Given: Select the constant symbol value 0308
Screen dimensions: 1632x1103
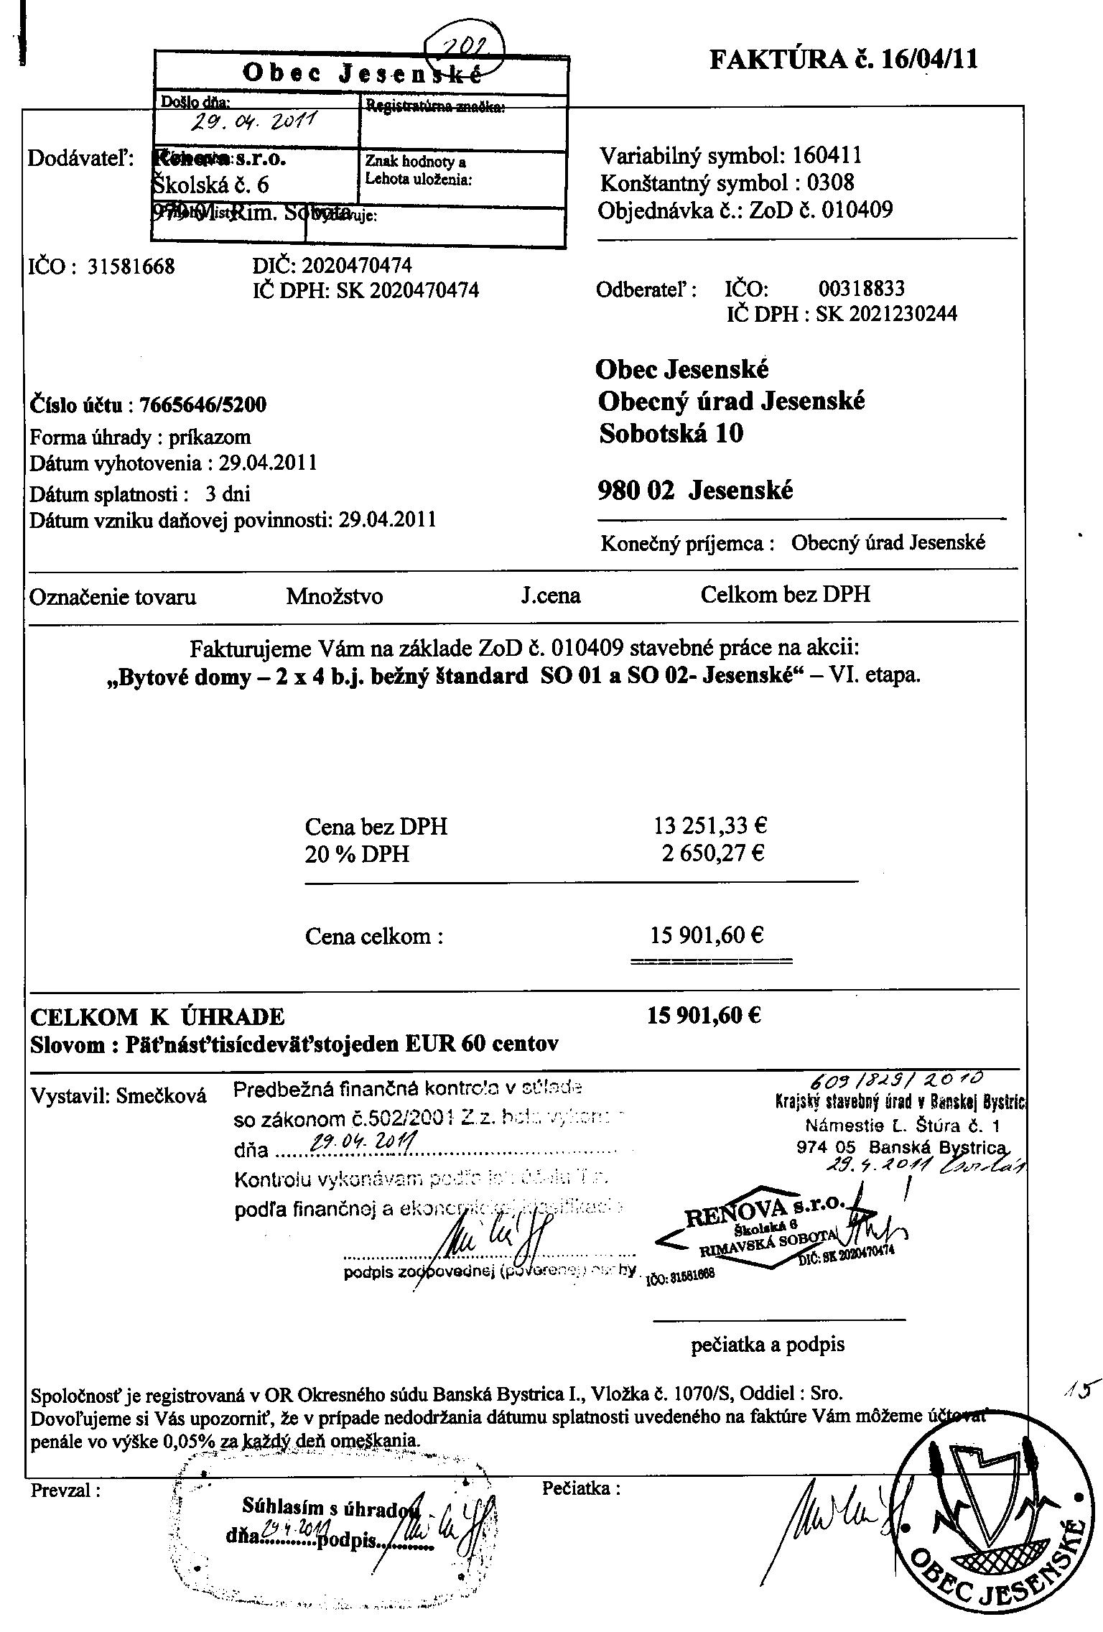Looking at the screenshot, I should point(831,182).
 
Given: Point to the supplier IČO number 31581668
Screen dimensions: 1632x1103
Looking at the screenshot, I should point(131,267).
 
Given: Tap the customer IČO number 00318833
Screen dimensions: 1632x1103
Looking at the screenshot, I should point(861,289).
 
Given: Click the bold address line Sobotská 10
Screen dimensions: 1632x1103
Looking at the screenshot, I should point(671,433).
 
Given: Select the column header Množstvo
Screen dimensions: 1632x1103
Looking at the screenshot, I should point(334,596).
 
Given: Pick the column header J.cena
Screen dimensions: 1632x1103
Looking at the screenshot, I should point(551,595).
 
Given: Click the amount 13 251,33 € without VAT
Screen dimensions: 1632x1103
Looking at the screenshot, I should point(710,825).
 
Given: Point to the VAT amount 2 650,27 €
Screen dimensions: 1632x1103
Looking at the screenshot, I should point(712,853).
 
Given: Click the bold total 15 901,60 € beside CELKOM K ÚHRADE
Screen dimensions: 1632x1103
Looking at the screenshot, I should point(704,1016).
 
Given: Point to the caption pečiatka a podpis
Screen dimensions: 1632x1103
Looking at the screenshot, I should point(768,1345).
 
